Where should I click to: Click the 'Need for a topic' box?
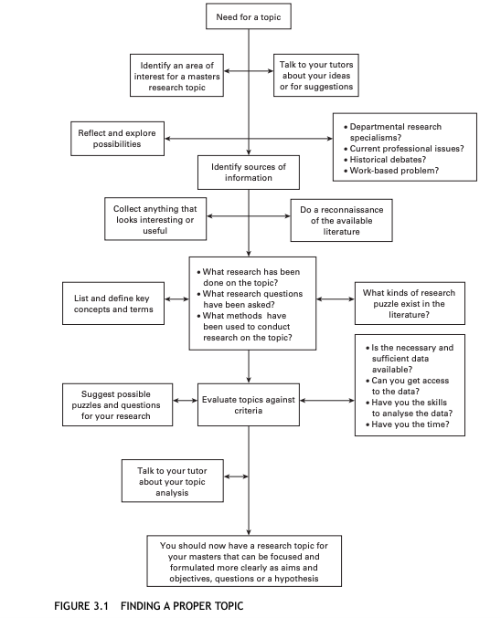click(x=248, y=17)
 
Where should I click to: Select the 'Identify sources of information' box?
click(x=248, y=172)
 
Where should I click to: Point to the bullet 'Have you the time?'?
click(x=406, y=424)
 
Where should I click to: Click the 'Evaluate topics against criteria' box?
click(x=248, y=405)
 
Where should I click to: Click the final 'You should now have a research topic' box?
click(x=248, y=561)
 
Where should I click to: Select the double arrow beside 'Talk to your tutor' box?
click(x=236, y=477)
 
